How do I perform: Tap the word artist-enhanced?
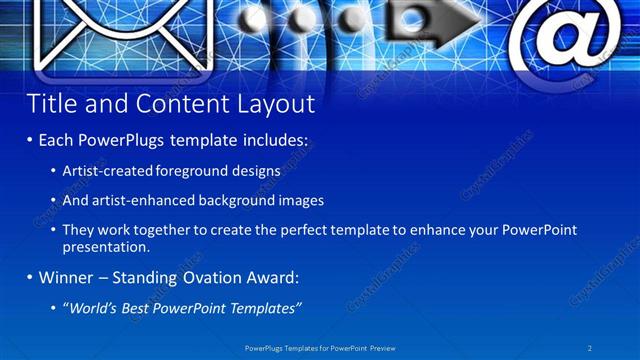click(141, 200)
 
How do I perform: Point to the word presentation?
click(105, 246)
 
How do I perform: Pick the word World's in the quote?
click(92, 306)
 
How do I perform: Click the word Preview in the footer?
click(384, 348)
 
